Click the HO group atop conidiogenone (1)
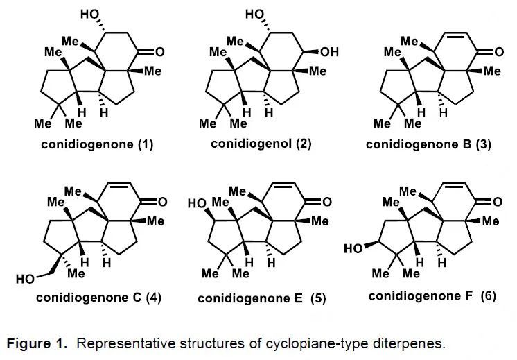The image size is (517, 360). pyautogui.click(x=91, y=13)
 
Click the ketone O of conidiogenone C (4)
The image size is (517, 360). pyautogui.click(x=161, y=202)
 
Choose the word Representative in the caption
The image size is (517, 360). pyautogui.click(x=132, y=343)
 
